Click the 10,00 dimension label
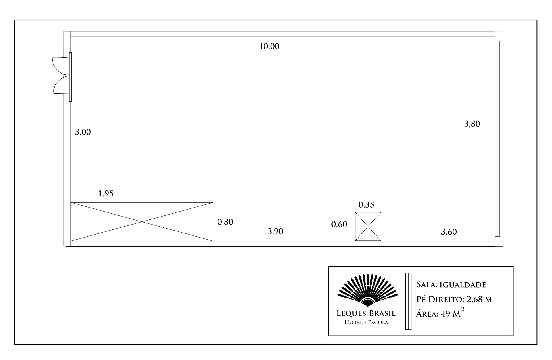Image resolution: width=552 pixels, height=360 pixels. pyautogui.click(x=269, y=46)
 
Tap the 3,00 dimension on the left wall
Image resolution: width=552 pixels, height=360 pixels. pyautogui.click(x=83, y=132)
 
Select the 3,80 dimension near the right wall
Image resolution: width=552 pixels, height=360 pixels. pyautogui.click(x=472, y=124)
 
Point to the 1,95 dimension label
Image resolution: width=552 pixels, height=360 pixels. pyautogui.click(x=106, y=194)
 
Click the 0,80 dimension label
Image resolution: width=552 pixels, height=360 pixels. pyautogui.click(x=225, y=222)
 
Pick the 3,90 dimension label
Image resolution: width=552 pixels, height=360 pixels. pyautogui.click(x=275, y=231)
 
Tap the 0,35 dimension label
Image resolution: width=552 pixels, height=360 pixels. pyautogui.click(x=366, y=205)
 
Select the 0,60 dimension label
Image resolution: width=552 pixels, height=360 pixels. pyautogui.click(x=339, y=224)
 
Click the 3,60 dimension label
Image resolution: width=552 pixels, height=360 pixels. pyautogui.click(x=449, y=232)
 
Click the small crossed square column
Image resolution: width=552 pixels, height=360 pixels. pyautogui.click(x=368, y=227)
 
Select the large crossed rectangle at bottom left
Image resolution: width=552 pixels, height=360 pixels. pyautogui.click(x=142, y=222)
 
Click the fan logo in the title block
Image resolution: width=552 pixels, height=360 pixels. pyautogui.click(x=367, y=290)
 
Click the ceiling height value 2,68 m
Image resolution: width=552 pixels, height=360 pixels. pyautogui.click(x=479, y=299)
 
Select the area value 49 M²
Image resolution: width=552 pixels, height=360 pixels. pyautogui.click(x=453, y=313)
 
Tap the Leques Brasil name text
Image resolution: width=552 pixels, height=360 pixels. pyautogui.click(x=366, y=313)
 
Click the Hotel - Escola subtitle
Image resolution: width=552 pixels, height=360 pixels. pyautogui.click(x=366, y=322)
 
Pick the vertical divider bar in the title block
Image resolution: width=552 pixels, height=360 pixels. pyautogui.click(x=408, y=301)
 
